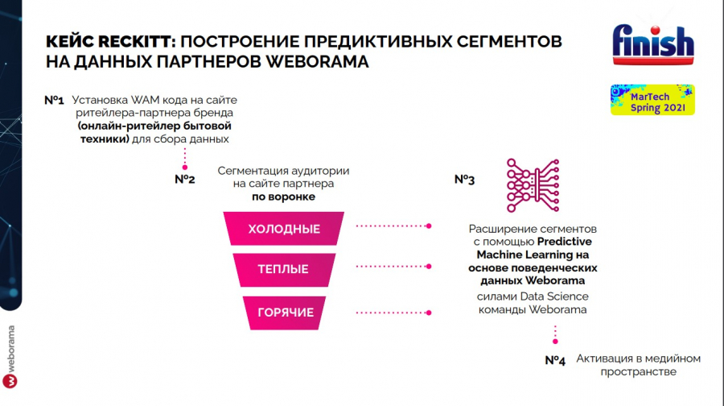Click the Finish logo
pyautogui.click(x=652, y=45)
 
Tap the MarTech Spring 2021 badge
pyautogui.click(x=651, y=100)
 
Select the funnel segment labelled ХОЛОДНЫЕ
pyautogui.click(x=284, y=229)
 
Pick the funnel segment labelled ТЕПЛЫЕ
pyautogui.click(x=283, y=269)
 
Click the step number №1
pyautogui.click(x=54, y=101)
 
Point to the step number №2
pyautogui.click(x=185, y=179)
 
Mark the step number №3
pyautogui.click(x=464, y=180)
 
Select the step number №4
pyautogui.click(x=555, y=360)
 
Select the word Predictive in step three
pyautogui.click(x=565, y=241)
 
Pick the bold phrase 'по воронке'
pyautogui.click(x=284, y=197)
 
